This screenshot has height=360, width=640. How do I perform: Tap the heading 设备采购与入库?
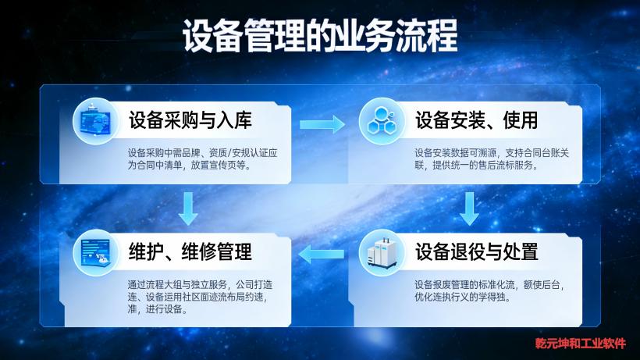pos(190,121)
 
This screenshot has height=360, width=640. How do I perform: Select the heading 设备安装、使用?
pos(476,121)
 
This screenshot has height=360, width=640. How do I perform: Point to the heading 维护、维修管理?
pos(190,252)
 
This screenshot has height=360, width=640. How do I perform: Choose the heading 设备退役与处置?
pos(476,252)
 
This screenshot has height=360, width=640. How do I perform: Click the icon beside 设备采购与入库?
pos(95,121)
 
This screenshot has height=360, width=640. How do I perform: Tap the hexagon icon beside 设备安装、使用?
pos(382,121)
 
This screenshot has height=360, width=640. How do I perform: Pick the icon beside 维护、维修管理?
pos(95,252)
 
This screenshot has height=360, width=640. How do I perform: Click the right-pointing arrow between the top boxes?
pos(322,123)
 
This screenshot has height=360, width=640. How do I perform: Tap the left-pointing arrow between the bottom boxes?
pos(322,252)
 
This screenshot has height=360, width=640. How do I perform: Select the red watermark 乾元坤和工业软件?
pos(580,343)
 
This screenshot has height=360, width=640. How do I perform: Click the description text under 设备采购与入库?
pos(201,159)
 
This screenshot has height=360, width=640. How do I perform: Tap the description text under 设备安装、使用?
pos(488,159)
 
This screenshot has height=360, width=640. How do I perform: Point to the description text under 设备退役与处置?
pos(488,290)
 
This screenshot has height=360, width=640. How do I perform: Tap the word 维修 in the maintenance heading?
pos(201,252)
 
